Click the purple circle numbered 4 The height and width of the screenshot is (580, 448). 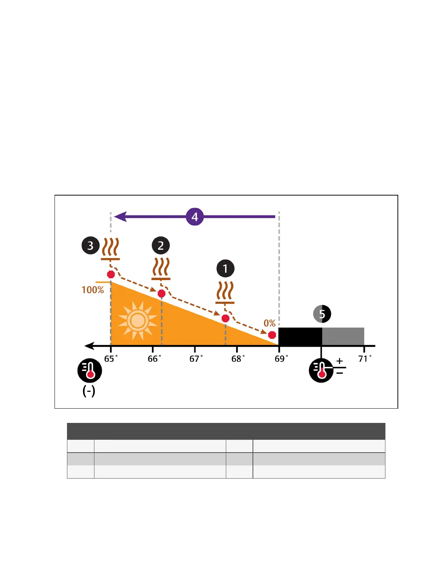point(195,217)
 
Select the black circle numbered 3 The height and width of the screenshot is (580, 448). point(90,245)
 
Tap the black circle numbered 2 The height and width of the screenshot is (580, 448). point(161,245)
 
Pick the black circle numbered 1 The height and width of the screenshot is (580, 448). point(225,268)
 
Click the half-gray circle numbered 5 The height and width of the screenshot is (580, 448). point(322,314)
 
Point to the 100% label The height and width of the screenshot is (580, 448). point(93,290)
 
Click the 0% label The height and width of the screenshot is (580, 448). point(269,323)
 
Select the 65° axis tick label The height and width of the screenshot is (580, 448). point(111,359)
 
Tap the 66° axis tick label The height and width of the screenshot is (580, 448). point(154,359)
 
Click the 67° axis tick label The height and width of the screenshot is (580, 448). point(196,359)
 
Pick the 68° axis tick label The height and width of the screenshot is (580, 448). point(238,359)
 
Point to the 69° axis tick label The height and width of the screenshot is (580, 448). point(281,359)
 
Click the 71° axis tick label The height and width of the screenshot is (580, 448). point(365,359)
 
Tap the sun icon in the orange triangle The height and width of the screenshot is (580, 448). point(138,321)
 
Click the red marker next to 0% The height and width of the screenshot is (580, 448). point(272,335)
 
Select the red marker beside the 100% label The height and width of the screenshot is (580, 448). point(111,274)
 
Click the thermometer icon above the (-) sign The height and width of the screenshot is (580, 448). point(90,370)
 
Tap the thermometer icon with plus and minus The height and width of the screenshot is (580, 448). point(321,370)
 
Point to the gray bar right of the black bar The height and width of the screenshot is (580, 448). point(343,336)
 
